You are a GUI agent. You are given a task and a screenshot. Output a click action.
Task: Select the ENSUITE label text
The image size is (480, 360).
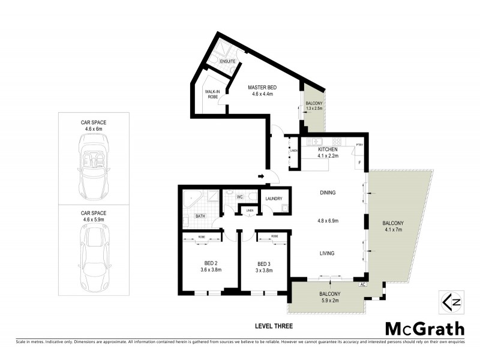pos(227,61)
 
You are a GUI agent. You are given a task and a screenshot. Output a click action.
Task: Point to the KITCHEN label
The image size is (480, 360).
pos(328,149)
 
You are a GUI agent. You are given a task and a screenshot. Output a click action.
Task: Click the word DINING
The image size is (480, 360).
pos(328,193)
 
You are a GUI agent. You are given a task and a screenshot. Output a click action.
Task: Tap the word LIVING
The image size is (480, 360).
pos(328,253)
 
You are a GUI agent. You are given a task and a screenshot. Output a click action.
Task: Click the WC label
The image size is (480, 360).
pos(239,196)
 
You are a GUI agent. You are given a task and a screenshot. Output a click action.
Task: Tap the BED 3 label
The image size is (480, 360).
pos(265,263)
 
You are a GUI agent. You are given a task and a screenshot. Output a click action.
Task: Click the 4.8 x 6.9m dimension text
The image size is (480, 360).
pos(328,220)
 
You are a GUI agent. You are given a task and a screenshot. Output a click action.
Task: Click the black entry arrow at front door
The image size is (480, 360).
pos(261,176)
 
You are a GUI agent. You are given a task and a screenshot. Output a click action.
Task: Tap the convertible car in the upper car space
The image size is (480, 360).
pos(93,166)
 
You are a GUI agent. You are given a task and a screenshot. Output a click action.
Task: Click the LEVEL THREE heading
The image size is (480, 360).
pos(274,326)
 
